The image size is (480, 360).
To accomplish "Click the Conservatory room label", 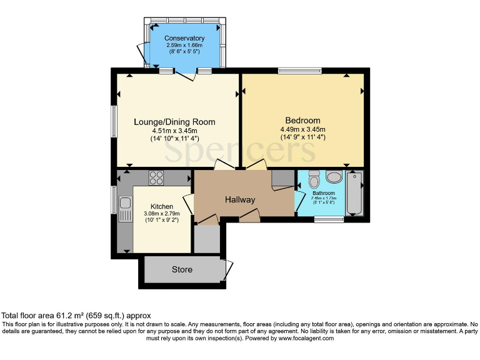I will (184, 39).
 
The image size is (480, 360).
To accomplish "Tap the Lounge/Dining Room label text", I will (174, 122).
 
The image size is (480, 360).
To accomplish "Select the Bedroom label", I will (302, 121).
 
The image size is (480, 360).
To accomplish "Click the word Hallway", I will (240, 200).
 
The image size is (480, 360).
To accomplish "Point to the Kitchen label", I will (161, 206).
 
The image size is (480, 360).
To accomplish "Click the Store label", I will (182, 270).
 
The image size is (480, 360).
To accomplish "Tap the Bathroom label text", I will (324, 194).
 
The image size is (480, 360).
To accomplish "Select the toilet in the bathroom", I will (314, 180).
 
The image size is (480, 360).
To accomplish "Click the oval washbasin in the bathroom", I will (334, 177).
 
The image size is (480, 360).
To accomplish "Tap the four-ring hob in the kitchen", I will (156, 177).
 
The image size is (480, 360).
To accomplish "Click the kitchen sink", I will (125, 203).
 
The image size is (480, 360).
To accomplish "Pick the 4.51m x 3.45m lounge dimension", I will (174, 131).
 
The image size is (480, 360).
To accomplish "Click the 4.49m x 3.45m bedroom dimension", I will (302, 129).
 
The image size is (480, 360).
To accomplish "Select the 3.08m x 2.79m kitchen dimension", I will (161, 214).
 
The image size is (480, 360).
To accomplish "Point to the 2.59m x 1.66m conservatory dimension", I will (184, 46).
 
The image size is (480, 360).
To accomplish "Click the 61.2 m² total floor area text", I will (76, 316).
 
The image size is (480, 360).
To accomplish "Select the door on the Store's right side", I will (227, 269).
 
